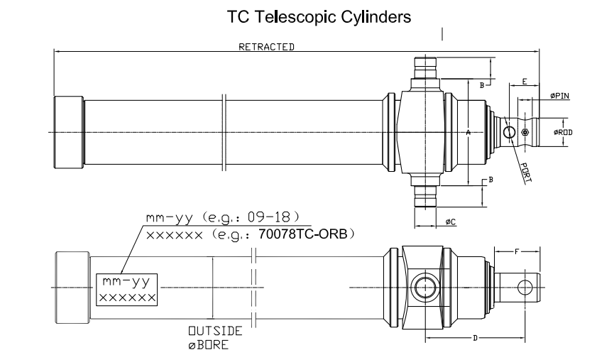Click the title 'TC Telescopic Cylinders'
(318, 17)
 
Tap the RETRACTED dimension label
(266, 47)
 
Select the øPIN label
(559, 97)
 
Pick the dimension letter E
(524, 82)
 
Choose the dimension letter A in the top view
(468, 133)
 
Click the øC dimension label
(450, 222)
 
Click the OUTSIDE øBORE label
(214, 337)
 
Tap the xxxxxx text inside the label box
(127, 297)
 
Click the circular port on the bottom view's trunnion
(424, 287)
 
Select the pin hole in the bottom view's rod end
(525, 287)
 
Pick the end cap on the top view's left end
(69, 133)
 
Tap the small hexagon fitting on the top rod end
(525, 133)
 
